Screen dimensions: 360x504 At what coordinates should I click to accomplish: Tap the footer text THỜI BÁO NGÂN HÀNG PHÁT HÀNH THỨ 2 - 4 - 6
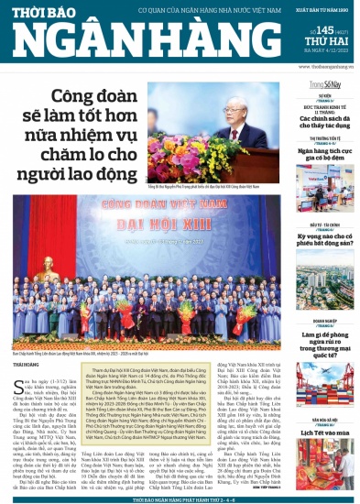click(x=180, y=499)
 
